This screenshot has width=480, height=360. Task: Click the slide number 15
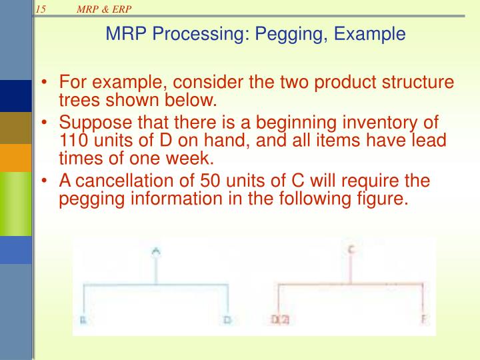[x=41, y=8]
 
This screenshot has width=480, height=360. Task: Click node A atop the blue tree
[x=156, y=251]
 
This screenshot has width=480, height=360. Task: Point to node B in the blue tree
[x=83, y=321]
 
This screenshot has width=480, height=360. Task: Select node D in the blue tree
[x=227, y=321]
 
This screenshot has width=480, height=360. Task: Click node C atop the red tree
[x=351, y=250]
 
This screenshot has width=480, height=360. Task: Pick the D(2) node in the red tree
[x=280, y=321]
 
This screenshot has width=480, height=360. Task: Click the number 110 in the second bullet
[x=73, y=141]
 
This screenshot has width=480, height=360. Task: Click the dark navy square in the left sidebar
[x=15, y=96]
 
